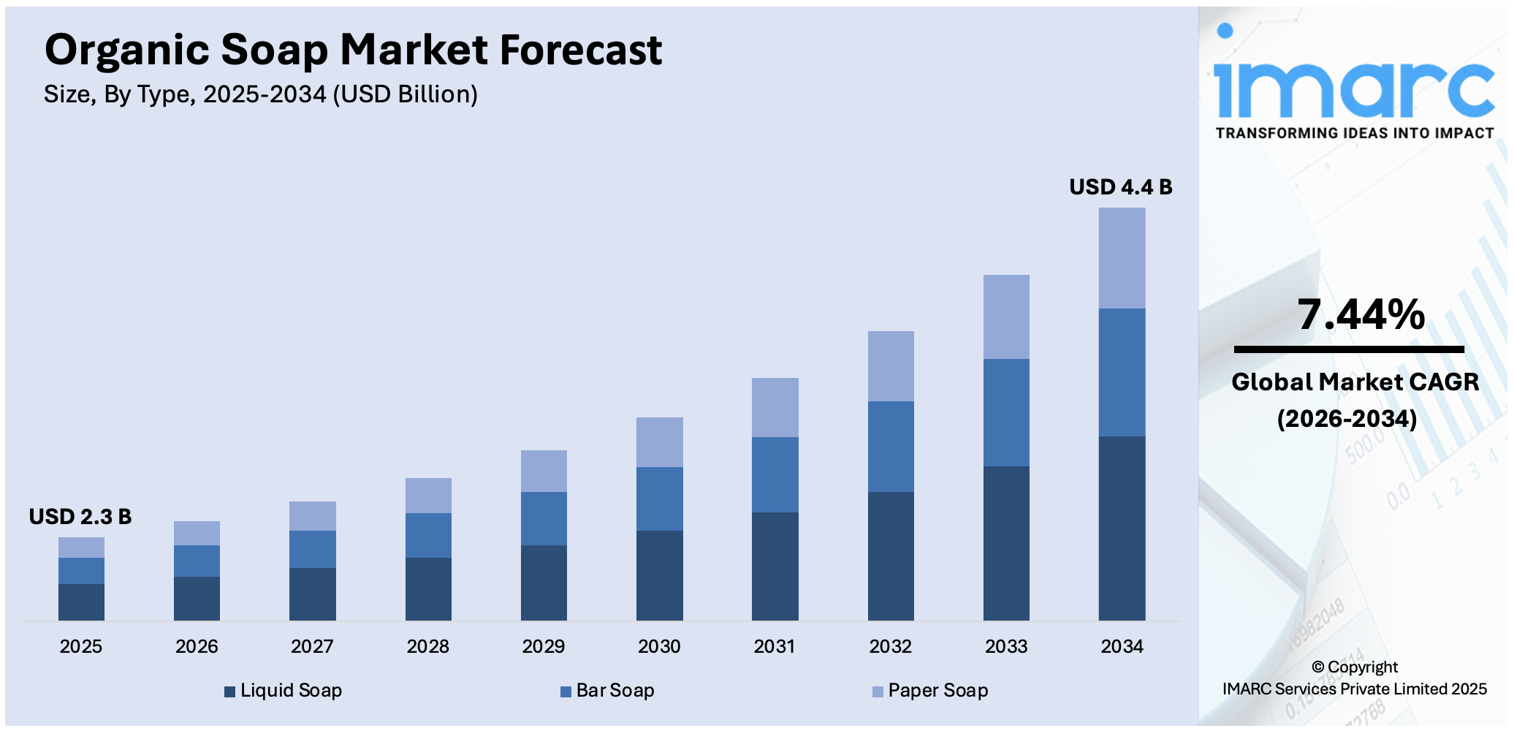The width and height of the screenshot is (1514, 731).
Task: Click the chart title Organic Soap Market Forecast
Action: click(353, 50)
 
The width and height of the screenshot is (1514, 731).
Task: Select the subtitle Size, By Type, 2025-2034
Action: click(260, 94)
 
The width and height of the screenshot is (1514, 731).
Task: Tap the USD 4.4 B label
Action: click(1120, 187)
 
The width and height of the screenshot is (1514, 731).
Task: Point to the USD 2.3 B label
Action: click(80, 517)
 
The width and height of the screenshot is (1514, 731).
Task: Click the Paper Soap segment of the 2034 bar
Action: click(1122, 258)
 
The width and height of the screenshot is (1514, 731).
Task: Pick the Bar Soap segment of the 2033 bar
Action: click(1006, 412)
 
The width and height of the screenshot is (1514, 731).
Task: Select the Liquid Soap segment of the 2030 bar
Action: click(659, 575)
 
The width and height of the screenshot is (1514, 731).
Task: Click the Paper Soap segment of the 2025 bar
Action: click(81, 548)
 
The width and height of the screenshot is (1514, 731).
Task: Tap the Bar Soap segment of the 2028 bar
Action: click(428, 535)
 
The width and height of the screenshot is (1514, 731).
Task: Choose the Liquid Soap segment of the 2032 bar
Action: click(891, 556)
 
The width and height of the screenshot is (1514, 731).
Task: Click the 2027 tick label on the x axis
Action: click(312, 646)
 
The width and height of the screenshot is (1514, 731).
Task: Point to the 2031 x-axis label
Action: click(775, 646)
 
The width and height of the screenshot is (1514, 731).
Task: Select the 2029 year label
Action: click(543, 646)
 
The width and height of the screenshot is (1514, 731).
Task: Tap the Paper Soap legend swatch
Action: click(878, 692)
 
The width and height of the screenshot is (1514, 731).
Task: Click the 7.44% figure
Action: click(1361, 314)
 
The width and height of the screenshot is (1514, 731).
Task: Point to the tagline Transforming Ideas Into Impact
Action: click(1355, 133)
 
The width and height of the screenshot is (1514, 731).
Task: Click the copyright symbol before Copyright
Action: click(1317, 667)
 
